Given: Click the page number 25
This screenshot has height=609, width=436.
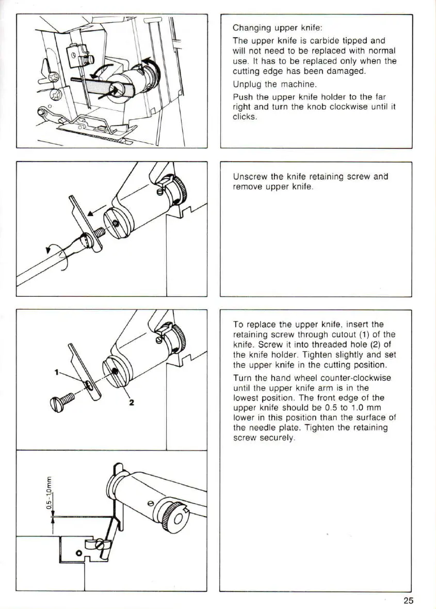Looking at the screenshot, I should [x=409, y=600].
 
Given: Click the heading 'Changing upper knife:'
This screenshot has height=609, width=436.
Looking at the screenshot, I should [x=278, y=28].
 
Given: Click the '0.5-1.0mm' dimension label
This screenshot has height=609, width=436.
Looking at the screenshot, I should [x=50, y=495].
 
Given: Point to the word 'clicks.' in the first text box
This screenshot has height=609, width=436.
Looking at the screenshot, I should [x=245, y=117].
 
